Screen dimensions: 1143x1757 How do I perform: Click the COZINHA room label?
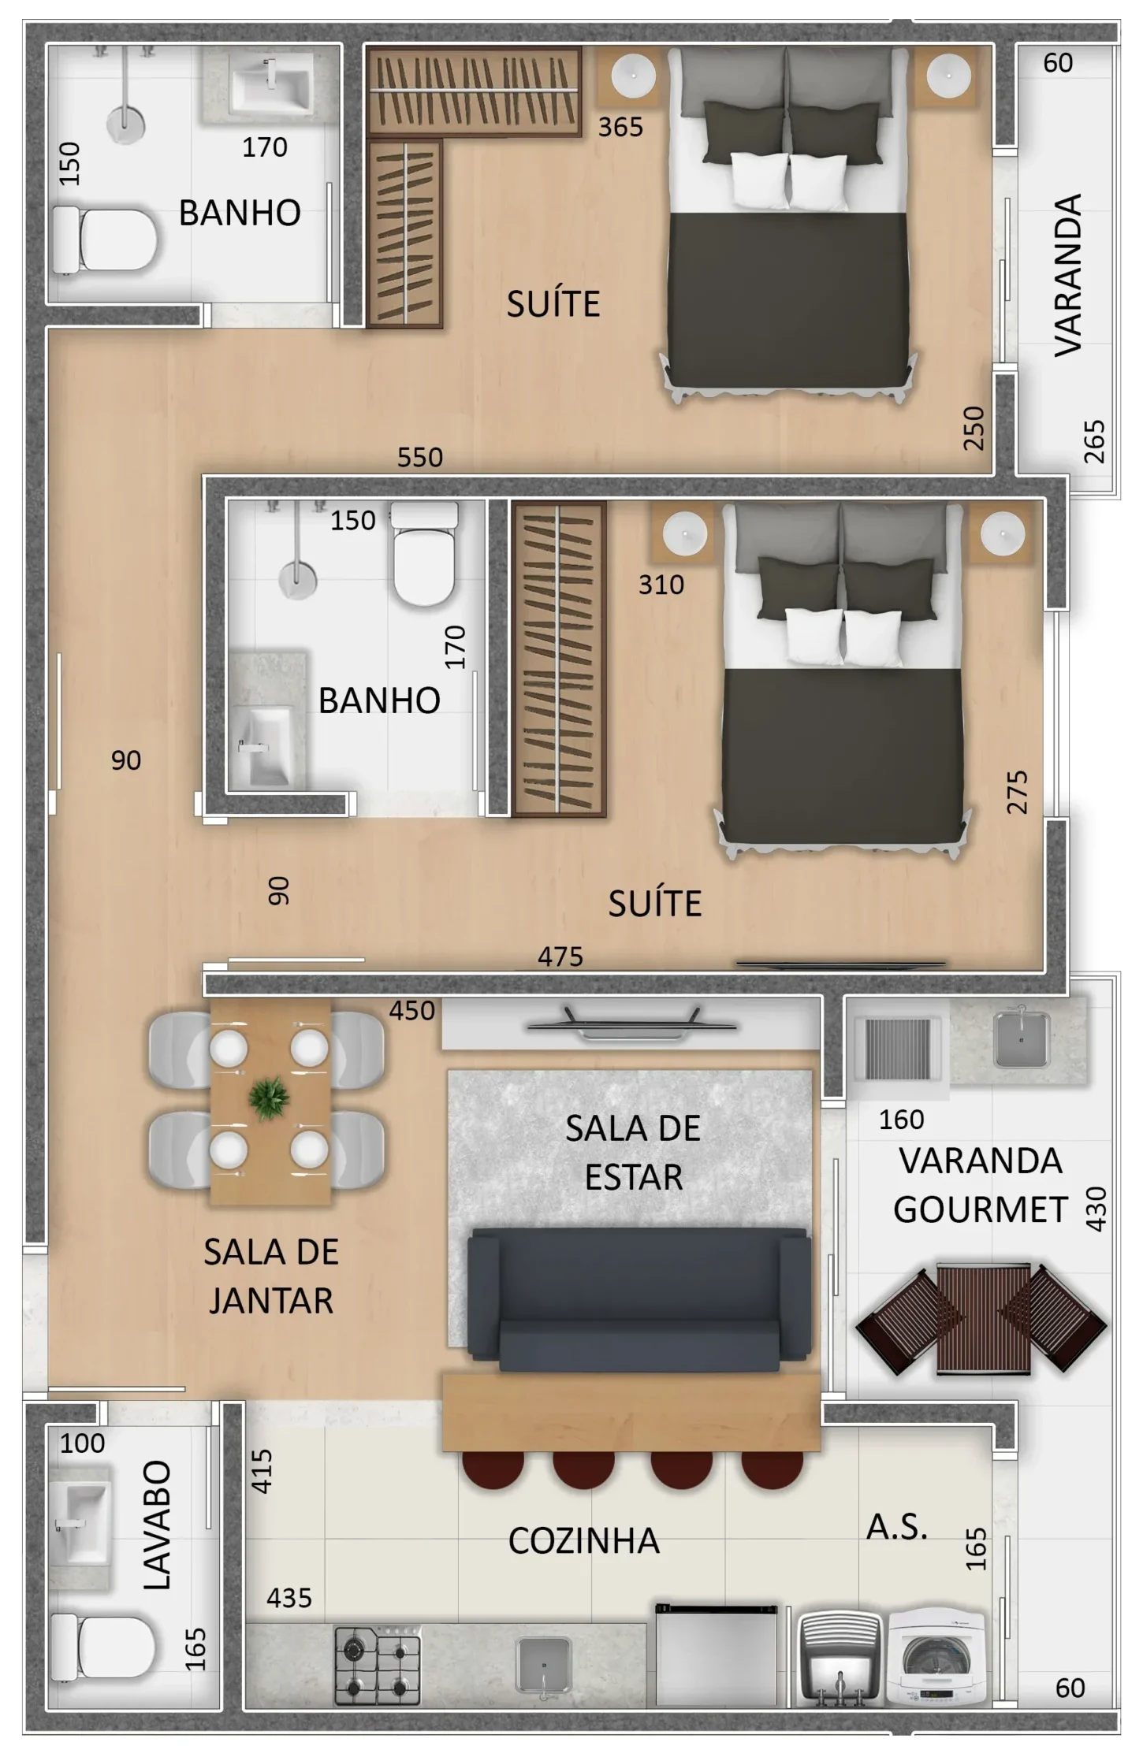click(583, 1540)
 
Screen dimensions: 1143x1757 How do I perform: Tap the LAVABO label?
click(156, 1525)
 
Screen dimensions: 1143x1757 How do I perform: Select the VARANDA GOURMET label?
click(981, 1185)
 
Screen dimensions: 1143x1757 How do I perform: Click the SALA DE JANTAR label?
click(271, 1276)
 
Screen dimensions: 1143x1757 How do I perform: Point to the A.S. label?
click(897, 1527)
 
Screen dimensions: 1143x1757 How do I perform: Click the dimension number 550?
click(420, 457)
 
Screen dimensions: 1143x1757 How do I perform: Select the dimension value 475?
click(560, 957)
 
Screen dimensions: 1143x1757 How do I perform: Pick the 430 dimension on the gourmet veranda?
click(1096, 1209)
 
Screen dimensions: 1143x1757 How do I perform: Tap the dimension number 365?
click(620, 127)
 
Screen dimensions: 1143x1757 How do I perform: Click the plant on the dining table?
click(270, 1098)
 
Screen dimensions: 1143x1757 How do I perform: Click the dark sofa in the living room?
click(639, 1298)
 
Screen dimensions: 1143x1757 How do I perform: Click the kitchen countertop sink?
click(543, 1666)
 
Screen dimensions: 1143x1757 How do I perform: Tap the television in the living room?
click(631, 1024)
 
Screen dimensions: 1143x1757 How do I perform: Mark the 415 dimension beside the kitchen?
click(261, 1471)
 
